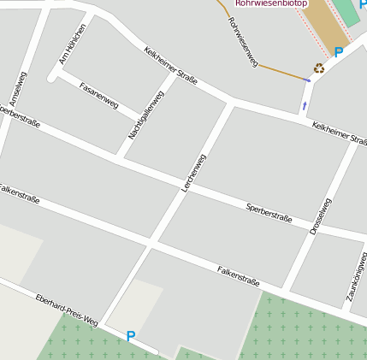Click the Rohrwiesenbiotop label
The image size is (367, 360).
(271, 3)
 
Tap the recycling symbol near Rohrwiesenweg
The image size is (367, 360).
(319, 68)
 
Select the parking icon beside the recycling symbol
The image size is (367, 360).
(339, 53)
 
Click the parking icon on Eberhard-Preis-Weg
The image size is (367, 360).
(131, 336)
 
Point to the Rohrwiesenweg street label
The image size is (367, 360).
(244, 41)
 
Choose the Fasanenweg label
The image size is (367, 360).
(98, 94)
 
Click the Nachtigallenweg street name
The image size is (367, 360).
(145, 115)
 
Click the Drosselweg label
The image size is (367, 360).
(320, 215)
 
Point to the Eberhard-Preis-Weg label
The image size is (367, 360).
(67, 310)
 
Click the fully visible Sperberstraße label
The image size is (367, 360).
(269, 214)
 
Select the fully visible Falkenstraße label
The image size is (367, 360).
(238, 274)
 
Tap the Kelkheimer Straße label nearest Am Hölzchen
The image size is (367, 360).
(171, 66)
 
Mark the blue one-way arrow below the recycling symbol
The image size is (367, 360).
(305, 105)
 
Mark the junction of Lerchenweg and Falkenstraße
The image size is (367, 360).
(151, 245)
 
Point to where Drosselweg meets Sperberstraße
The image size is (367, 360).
(312, 227)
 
